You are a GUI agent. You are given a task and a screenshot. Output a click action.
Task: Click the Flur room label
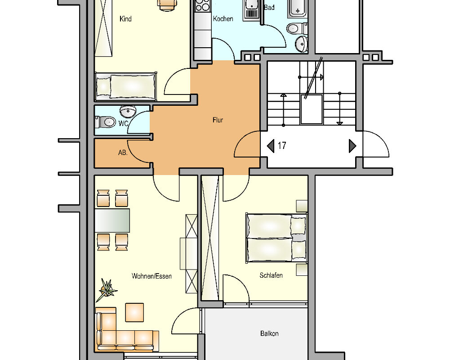click(218, 120)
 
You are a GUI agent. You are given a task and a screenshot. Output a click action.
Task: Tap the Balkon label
click(269, 333)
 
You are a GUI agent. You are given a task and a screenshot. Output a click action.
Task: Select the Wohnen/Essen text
click(151, 276)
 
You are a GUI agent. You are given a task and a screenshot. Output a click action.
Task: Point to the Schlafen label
click(271, 275)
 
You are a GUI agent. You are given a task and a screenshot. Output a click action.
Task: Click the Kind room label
click(125, 19)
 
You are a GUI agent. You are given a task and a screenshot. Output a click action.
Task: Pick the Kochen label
click(223, 19)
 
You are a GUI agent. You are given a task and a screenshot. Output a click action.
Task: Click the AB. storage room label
click(123, 153)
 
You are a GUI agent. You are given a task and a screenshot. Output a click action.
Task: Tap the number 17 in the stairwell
click(282, 146)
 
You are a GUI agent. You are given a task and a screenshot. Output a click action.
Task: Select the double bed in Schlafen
click(276, 238)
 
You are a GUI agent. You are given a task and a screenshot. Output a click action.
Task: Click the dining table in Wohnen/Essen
click(112, 220)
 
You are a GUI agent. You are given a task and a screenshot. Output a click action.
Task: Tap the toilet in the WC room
click(107, 121)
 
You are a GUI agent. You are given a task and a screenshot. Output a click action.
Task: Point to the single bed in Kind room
click(126, 86)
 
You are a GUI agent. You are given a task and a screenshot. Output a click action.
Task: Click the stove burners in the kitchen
click(203, 6)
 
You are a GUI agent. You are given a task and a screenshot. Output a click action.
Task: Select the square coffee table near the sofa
click(134, 312)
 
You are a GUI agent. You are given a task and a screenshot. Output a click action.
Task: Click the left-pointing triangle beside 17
click(271, 146)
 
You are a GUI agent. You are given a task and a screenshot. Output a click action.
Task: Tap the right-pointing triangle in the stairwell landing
click(352, 146)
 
